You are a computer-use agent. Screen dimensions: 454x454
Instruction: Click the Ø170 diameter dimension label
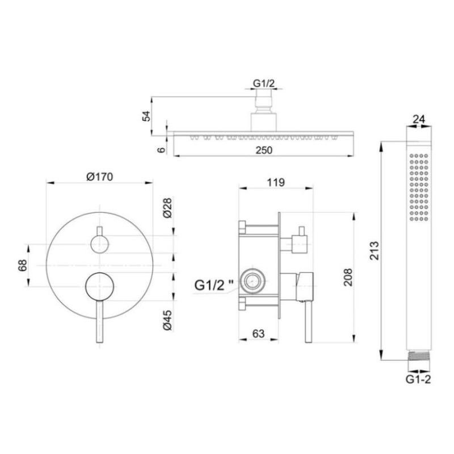100,176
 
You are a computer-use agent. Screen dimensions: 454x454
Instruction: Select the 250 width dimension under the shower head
264,150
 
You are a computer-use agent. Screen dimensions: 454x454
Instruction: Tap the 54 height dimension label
146,116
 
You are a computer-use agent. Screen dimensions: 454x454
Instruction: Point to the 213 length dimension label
374,250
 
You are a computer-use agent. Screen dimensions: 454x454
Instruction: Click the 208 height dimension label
348,278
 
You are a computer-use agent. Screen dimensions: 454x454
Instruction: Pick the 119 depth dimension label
276,182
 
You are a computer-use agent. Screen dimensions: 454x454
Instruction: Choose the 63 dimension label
258,334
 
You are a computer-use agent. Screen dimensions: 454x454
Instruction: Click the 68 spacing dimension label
22,265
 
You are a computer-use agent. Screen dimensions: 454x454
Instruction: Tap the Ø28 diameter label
167,208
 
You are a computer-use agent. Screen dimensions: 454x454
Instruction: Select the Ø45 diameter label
167,320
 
